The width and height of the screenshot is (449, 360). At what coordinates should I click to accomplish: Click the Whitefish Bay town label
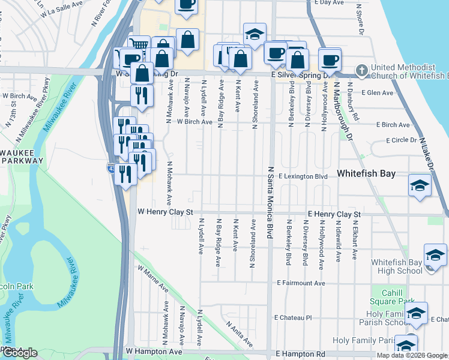pos(366,173)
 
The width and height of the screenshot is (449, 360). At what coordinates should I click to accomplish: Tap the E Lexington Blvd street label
pos(303,177)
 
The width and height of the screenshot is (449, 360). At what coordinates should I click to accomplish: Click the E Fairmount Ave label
pos(301,283)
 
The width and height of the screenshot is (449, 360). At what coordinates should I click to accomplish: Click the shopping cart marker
pos(139,46)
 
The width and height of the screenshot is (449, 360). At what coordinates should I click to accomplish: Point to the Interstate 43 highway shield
pos(112,169)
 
